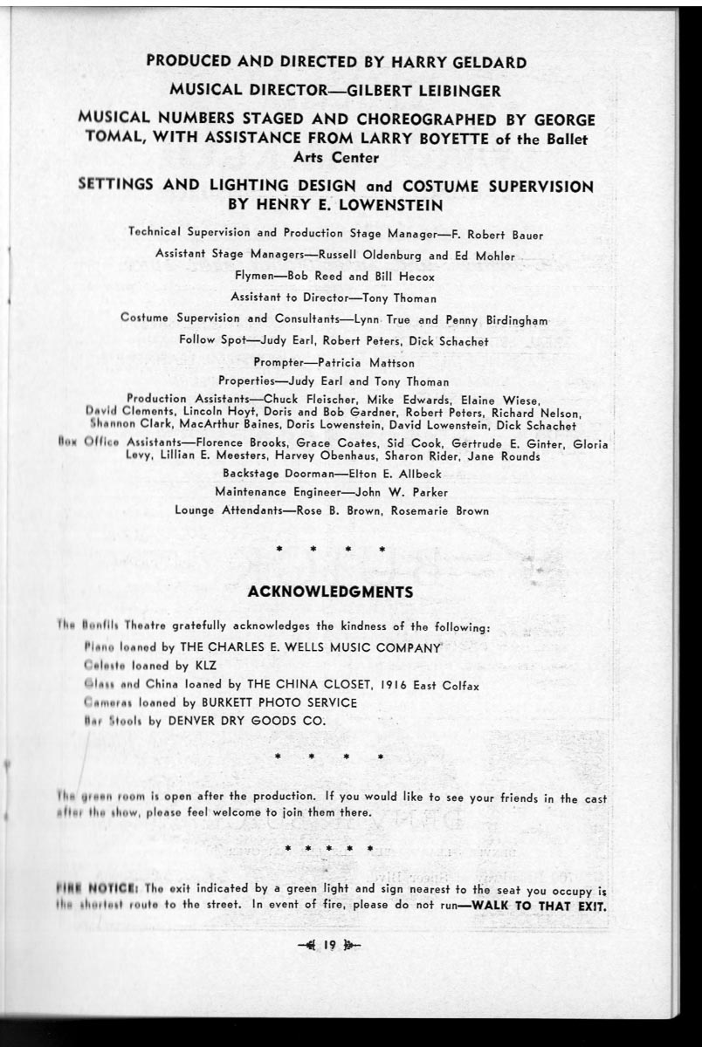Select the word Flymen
click(256, 277)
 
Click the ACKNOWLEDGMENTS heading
click(330, 592)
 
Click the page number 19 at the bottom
click(329, 944)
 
